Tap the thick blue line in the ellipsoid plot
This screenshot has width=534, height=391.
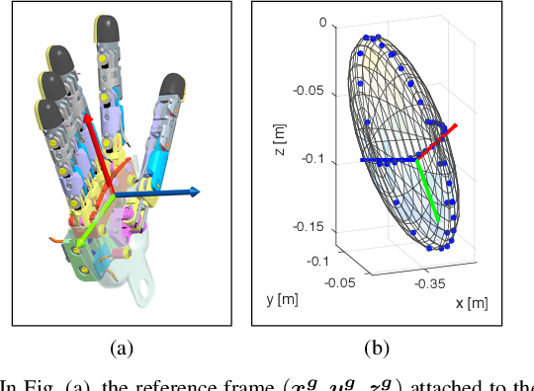tap(386, 159)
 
